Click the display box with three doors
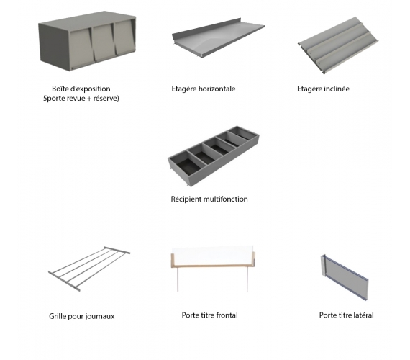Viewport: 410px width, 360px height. click(87, 41)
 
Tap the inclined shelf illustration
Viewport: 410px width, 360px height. click(338, 45)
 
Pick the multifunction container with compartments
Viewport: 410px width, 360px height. click(214, 156)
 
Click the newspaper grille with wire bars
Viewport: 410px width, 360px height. click(89, 269)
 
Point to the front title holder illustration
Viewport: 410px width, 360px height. click(212, 268)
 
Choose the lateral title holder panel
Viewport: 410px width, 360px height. click(345, 277)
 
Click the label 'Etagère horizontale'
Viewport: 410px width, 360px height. click(204, 89)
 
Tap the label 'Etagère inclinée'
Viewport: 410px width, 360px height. click(323, 89)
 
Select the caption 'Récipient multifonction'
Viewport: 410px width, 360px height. click(209, 199)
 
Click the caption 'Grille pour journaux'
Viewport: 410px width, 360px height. click(82, 316)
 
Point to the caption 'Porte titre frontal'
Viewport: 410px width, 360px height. click(210, 315)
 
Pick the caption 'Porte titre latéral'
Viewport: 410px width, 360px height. click(346, 315)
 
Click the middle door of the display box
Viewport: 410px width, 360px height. click(103, 42)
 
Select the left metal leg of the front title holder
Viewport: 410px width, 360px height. click(178, 279)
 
